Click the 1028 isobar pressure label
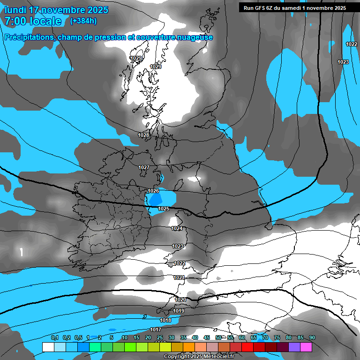pos(143,135)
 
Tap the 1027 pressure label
pos(144,167)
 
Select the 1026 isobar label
pos(153,191)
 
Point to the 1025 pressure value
pos(164,209)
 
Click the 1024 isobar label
pos(177,229)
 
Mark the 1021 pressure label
pos(179,277)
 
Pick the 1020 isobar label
pos(180,300)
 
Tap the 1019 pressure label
pos(179,311)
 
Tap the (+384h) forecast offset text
pos(83,21)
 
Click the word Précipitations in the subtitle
pos(29,37)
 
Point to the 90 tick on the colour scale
pos(312,337)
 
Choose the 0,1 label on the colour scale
pos(54,337)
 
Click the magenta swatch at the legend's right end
pos(306,347)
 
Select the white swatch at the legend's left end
pos(48,347)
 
